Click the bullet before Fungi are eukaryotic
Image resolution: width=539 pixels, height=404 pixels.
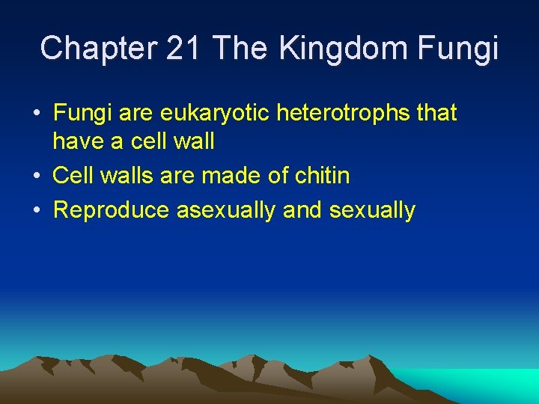36,114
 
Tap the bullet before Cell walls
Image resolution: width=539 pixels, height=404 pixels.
36,177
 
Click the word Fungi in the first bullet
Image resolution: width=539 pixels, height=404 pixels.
80,114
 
